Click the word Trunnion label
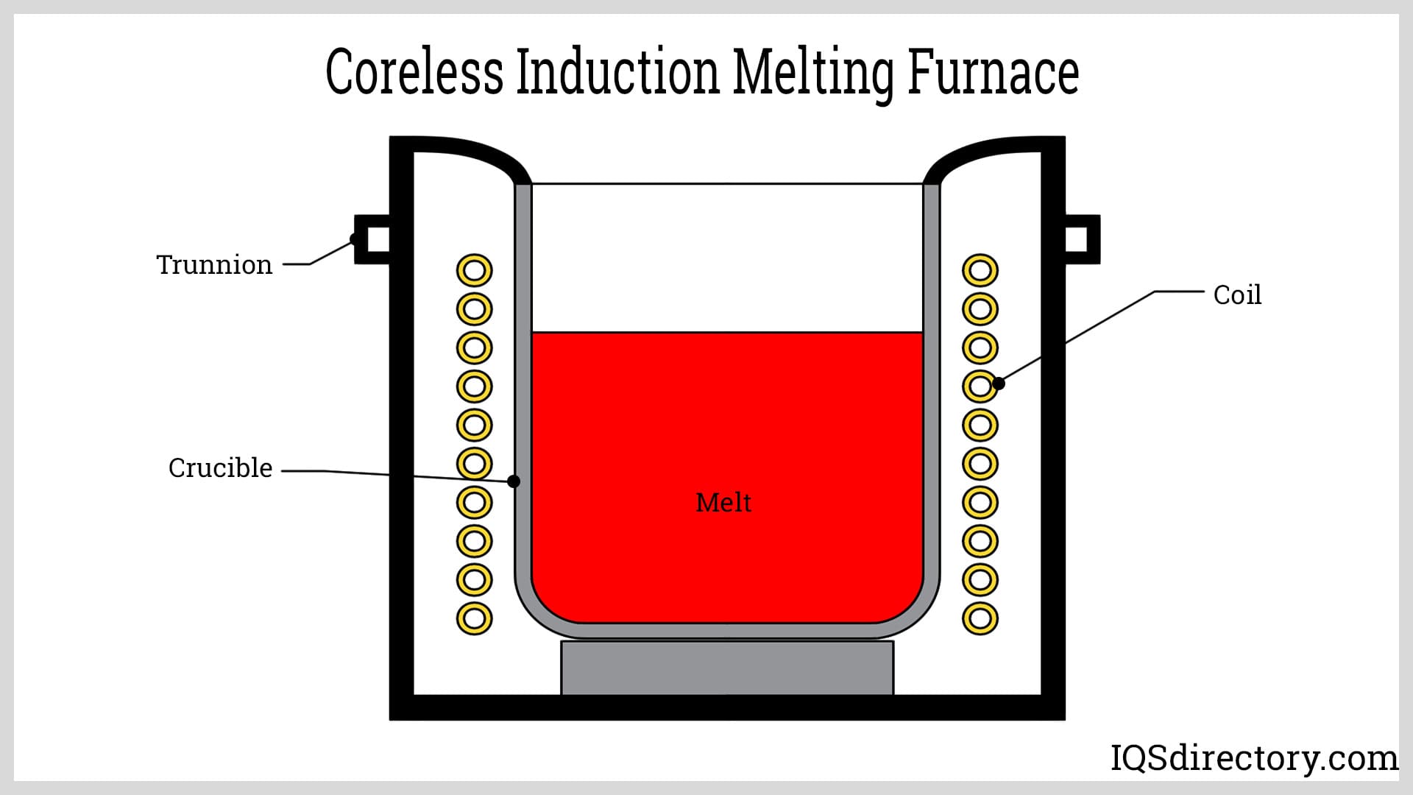(x=214, y=265)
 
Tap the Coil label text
(x=1237, y=295)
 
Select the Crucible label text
(x=220, y=468)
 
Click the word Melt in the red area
(x=723, y=503)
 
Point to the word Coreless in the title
(x=414, y=72)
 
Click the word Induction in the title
(x=617, y=72)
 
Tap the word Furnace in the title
(x=993, y=72)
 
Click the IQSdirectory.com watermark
(x=1254, y=758)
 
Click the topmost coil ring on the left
(x=475, y=271)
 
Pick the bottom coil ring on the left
(x=475, y=618)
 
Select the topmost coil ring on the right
(x=980, y=271)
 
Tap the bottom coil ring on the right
(x=980, y=618)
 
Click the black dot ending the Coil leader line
(x=999, y=383)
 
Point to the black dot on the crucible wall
(x=514, y=481)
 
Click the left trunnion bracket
(x=372, y=239)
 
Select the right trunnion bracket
(x=1082, y=239)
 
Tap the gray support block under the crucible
(x=727, y=668)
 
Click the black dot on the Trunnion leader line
(x=355, y=239)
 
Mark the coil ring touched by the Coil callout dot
(x=979, y=386)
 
